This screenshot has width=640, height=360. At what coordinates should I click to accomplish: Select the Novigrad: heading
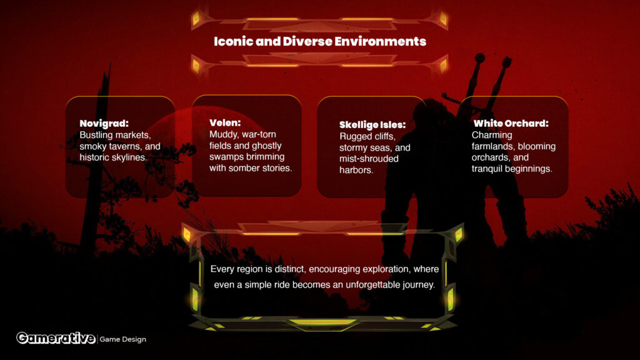[104, 124]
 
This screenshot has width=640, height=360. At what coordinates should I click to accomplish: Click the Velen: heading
[225, 123]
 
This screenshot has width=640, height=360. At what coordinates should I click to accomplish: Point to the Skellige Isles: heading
[372, 125]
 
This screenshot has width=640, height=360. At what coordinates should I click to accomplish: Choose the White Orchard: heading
[511, 123]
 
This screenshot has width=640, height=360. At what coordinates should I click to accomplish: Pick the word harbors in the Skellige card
[356, 170]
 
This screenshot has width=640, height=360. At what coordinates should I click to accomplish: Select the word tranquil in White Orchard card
[485, 169]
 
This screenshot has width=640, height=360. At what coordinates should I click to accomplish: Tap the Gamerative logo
[56, 338]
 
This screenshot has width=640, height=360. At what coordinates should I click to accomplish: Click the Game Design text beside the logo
[123, 339]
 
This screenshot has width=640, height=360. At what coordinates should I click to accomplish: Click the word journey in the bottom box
[419, 285]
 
